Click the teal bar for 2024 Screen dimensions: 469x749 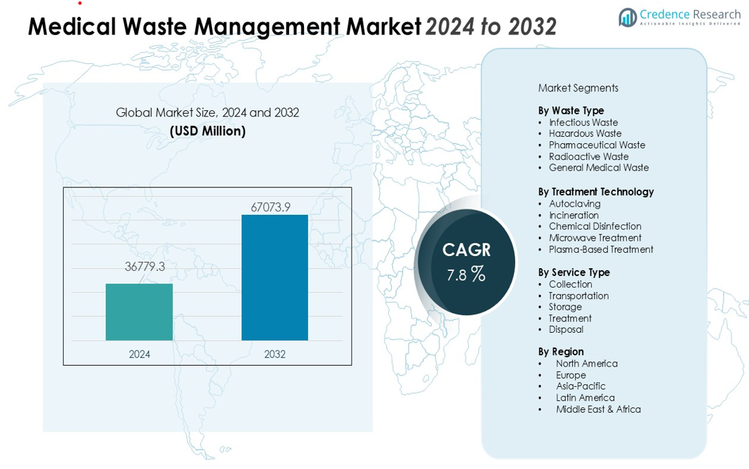139,312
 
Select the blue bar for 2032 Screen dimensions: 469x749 274,277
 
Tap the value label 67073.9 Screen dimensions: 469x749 270,206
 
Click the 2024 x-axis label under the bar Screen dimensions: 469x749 139,355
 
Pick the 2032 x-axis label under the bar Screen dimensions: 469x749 274,355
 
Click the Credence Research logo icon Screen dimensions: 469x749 627,17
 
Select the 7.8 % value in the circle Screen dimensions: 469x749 466,275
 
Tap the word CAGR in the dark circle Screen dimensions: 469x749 466,250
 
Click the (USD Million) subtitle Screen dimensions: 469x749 208,131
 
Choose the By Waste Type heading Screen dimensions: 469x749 571,110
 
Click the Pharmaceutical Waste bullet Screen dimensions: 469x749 597,145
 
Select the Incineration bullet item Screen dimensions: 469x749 574,215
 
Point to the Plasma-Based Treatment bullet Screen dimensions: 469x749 601,249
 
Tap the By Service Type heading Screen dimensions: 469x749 574,272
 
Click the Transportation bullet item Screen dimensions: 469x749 578,296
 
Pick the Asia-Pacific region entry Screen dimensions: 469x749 581,386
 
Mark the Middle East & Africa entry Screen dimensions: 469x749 598,409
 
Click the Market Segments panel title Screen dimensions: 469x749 578,88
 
